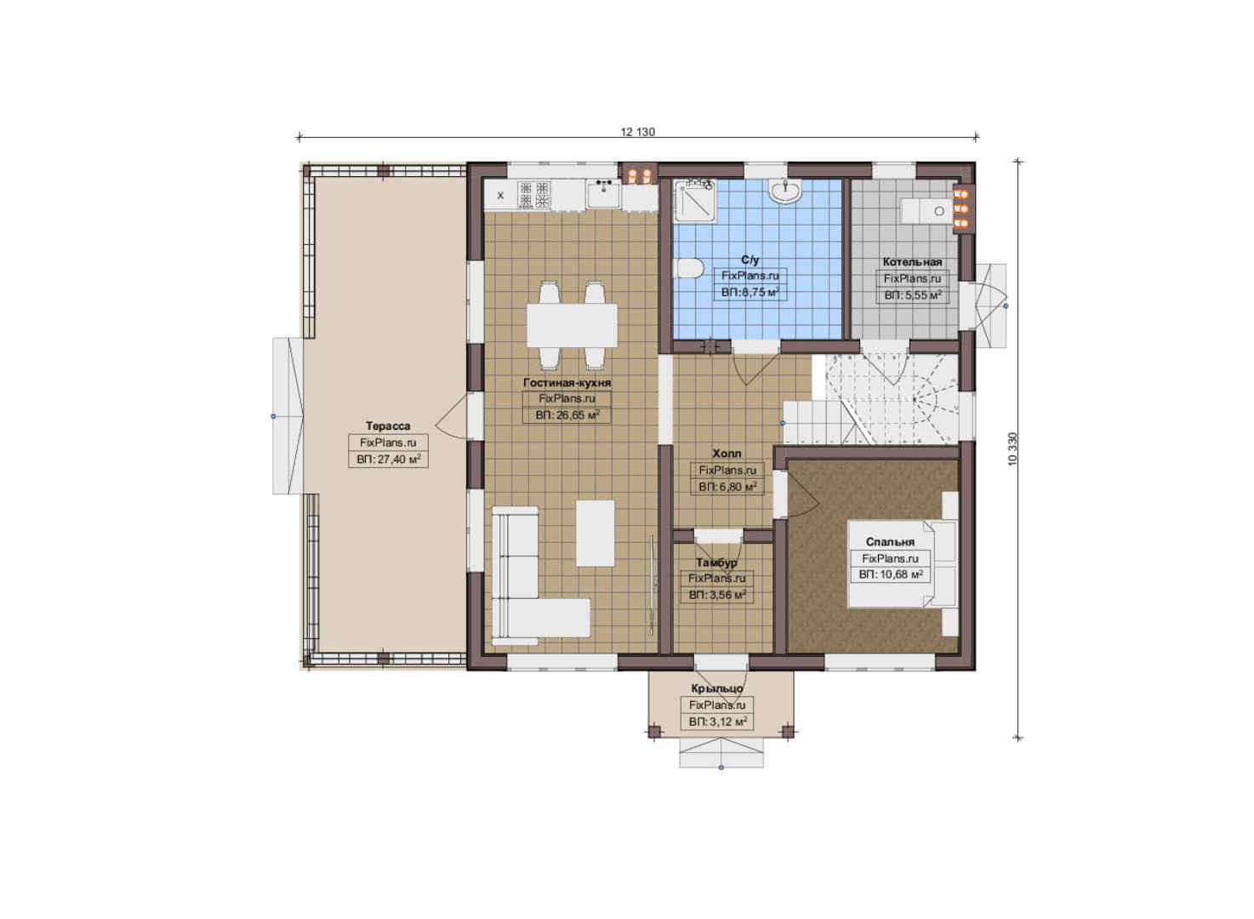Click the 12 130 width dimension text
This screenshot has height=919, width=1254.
(638, 132)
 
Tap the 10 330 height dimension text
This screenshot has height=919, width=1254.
(1012, 449)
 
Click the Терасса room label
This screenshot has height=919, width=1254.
(388, 426)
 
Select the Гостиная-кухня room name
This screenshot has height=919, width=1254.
(567, 383)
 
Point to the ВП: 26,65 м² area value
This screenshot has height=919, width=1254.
(567, 415)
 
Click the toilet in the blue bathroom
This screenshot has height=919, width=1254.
(689, 268)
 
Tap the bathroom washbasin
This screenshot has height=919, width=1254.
(785, 191)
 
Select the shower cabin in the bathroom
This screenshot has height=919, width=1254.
(694, 200)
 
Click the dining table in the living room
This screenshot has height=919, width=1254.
(573, 325)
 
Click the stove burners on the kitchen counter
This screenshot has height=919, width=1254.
(534, 194)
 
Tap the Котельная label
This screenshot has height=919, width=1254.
(913, 262)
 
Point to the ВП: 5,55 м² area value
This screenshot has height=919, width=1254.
(913, 295)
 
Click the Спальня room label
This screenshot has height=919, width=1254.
(890, 541)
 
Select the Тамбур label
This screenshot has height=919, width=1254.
(716, 562)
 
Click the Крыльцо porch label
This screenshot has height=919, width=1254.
(717, 688)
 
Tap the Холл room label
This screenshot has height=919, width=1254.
(727, 453)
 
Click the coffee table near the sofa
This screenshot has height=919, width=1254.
(595, 534)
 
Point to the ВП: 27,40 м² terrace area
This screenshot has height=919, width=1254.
(389, 459)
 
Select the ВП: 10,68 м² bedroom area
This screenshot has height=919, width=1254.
(891, 574)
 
